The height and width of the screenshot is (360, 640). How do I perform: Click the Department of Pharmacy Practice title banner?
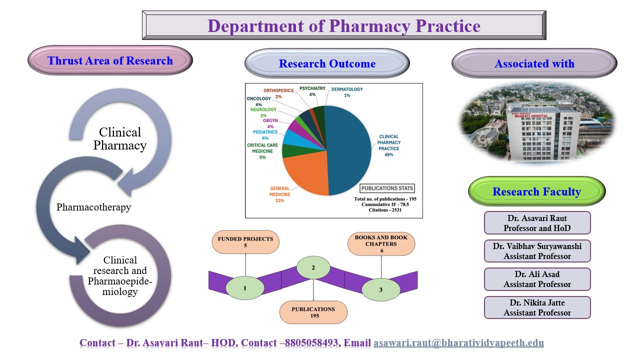(344, 25)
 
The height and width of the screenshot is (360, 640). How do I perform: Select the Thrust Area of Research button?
(110, 61)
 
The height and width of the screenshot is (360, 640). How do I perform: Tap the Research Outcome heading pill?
(327, 63)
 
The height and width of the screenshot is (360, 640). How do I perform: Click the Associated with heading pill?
(534, 63)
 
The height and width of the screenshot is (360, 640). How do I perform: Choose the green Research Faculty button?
(536, 191)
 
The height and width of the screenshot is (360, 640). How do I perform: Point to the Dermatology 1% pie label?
(347, 92)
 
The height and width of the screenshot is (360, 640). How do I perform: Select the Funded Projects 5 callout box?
(246, 242)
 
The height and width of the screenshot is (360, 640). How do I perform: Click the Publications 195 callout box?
(313, 312)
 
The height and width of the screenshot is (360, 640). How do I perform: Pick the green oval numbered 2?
(313, 268)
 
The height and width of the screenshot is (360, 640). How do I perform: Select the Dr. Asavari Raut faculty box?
(537, 223)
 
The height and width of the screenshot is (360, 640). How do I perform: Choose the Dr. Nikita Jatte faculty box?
(537, 307)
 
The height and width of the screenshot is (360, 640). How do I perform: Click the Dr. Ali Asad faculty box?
(537, 279)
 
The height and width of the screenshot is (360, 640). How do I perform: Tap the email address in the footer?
(458, 343)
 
